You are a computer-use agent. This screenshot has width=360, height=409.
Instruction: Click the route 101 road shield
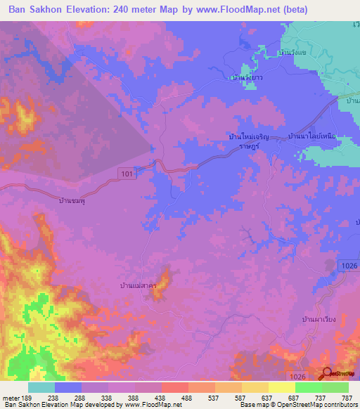coord(125,174)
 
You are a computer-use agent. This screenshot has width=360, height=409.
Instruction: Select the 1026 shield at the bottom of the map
coord(297,358)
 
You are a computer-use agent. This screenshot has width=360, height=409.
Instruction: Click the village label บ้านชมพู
coord(76,200)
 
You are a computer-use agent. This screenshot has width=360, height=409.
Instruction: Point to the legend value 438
coord(161,396)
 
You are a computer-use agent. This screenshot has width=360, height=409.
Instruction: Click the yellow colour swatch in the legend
coord(281,387)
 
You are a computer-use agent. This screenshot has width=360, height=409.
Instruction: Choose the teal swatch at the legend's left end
coord(41,387)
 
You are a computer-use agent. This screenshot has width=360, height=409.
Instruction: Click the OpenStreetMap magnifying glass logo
coord(326,374)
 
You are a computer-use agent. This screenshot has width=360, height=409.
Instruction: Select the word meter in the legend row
coord(10,396)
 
